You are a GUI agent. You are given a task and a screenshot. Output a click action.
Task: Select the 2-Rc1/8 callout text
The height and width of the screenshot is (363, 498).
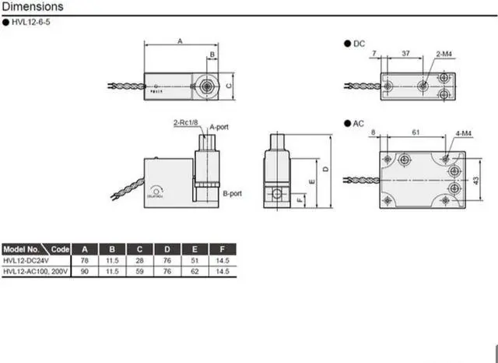185,123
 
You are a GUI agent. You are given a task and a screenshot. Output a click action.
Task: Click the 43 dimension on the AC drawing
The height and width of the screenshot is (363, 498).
475,180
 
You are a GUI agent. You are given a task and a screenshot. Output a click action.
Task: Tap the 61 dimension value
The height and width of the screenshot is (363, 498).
418,134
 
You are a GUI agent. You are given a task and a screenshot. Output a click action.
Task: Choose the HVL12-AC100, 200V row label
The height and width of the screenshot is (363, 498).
35,270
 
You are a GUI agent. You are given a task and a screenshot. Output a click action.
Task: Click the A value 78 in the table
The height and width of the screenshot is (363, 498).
85,260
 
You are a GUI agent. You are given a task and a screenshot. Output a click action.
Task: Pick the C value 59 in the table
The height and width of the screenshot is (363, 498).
139,270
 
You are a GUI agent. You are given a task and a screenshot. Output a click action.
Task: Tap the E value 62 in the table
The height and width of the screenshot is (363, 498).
195,270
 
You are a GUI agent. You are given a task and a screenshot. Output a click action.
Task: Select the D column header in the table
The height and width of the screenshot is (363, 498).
167,249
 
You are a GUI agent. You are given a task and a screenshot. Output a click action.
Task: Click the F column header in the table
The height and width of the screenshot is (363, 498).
223,249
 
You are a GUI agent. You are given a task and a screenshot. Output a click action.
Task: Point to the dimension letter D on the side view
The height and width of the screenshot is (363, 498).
326,167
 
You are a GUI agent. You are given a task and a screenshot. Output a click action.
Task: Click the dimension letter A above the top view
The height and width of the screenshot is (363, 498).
180,39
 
